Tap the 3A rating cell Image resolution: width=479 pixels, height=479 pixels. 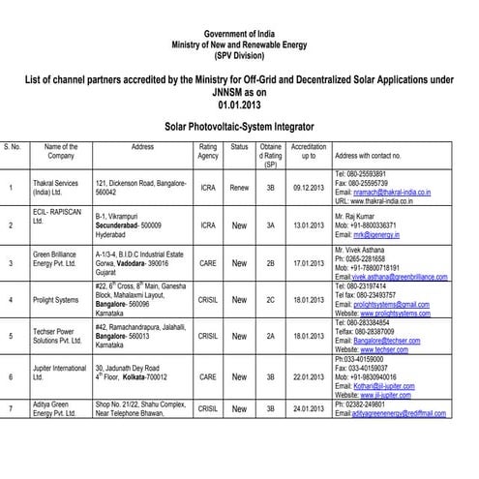tap(271, 224)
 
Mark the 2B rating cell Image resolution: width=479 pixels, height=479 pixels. tap(271, 261)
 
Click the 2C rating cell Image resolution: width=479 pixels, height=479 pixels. tap(271, 299)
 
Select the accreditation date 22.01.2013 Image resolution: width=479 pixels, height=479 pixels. tap(309, 375)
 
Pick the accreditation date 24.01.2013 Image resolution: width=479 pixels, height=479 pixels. tap(309, 409)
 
